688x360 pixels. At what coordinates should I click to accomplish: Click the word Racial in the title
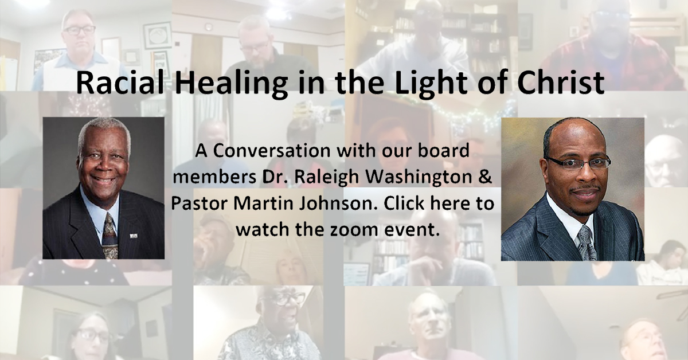point(120,83)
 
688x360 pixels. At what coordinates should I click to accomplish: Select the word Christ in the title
point(561,83)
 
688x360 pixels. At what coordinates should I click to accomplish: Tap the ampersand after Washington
point(484,178)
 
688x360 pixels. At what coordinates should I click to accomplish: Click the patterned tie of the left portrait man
point(110,236)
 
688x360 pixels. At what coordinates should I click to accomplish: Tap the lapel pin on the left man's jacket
point(133,236)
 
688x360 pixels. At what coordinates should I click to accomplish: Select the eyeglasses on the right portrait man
point(577,163)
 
